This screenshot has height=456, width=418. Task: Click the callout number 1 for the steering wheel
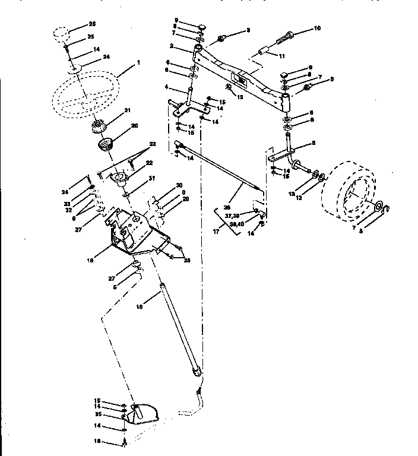138,62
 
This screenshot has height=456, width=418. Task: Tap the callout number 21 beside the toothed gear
126,111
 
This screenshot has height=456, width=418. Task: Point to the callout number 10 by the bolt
317,28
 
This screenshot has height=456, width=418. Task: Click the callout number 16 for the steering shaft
140,307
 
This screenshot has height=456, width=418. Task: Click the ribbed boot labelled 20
107,144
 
